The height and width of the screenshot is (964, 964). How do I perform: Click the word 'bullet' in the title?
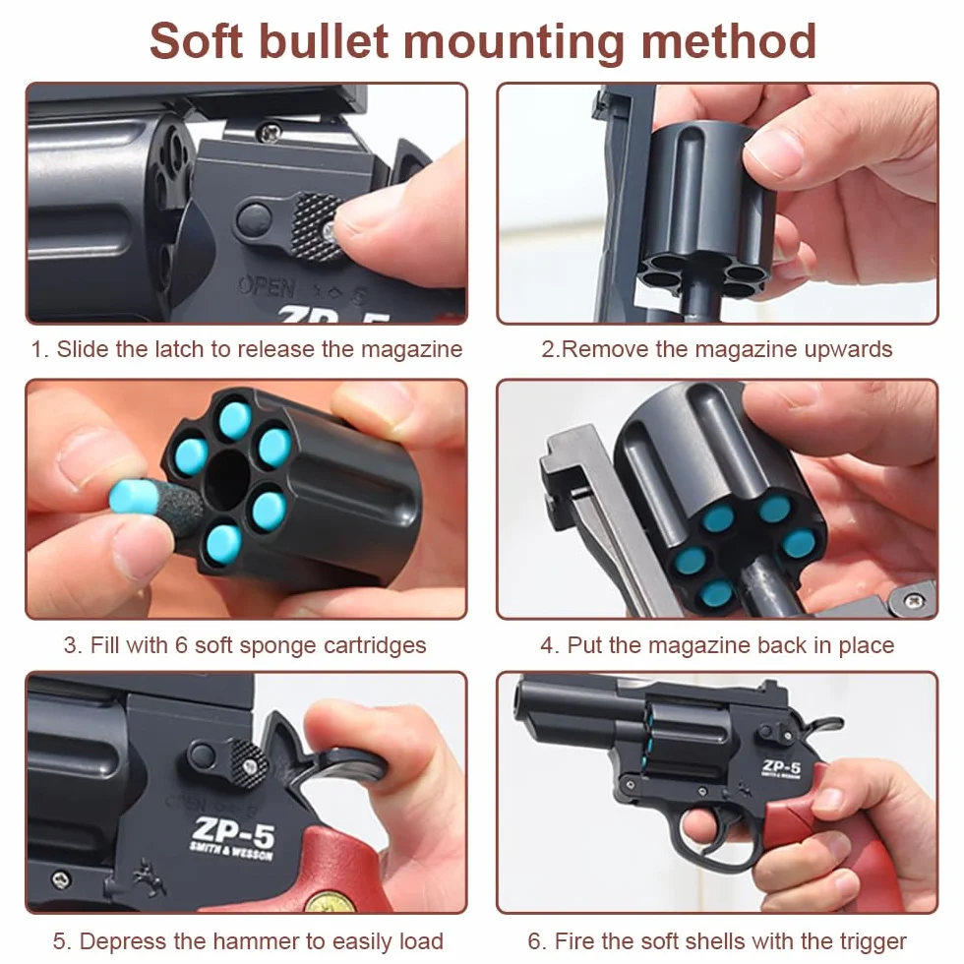pos(324,41)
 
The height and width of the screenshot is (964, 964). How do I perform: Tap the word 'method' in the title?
pos(729,41)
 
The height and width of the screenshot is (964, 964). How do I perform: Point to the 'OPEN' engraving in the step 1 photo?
pos(268,286)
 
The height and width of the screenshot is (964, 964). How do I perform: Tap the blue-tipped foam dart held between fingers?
pos(155,501)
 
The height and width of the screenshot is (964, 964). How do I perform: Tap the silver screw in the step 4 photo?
pos(915,599)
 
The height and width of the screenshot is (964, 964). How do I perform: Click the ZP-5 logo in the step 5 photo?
pos(234,830)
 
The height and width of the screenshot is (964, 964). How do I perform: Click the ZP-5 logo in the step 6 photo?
pos(781,766)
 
